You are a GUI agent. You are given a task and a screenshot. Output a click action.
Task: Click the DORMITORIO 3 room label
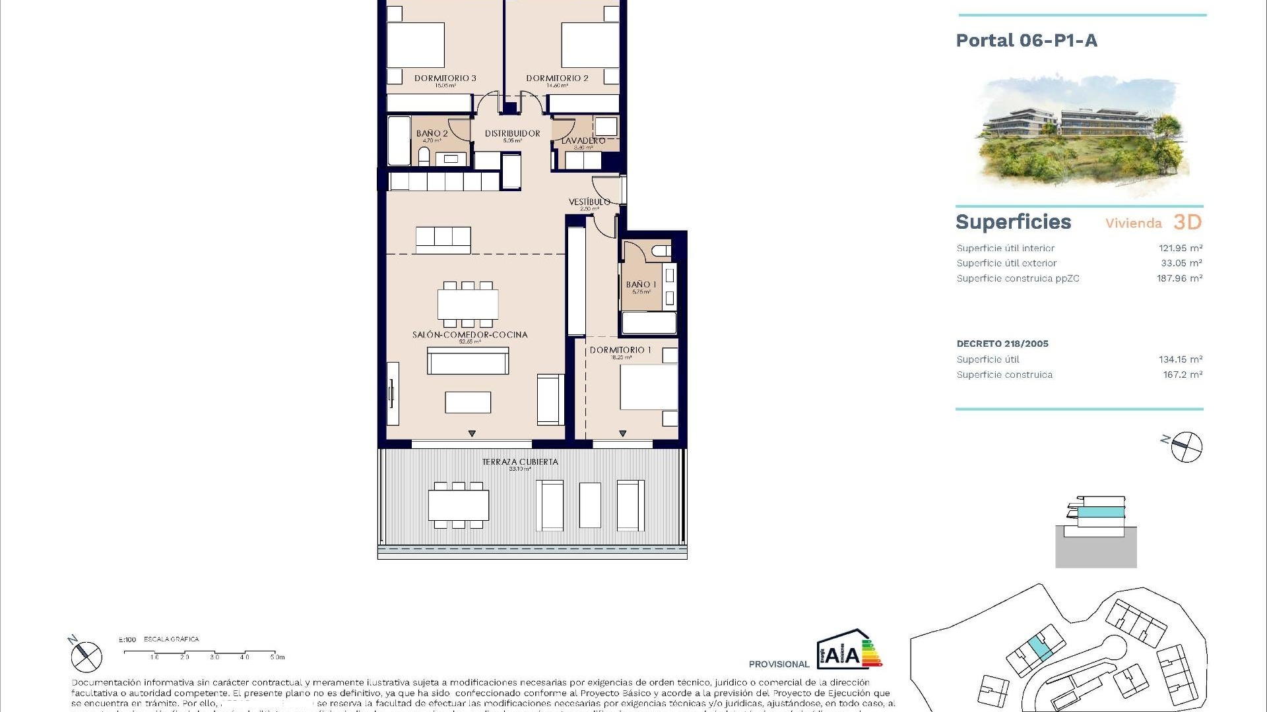445,78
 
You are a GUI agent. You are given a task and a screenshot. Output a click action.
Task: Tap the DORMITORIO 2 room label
557,78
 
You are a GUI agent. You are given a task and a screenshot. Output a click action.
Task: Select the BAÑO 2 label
432,133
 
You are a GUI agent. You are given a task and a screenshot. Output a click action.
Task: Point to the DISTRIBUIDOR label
512,133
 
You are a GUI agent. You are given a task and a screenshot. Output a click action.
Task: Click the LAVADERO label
583,140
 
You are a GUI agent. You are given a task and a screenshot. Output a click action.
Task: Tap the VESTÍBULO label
589,202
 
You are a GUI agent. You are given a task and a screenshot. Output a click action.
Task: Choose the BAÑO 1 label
641,285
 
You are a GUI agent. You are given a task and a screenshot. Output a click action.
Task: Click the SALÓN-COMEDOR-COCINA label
470,335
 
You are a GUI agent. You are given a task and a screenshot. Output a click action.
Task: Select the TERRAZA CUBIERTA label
520,462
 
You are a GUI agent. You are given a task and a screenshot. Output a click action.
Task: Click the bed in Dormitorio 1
648,386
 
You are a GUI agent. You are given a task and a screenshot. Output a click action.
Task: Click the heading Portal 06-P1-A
1026,41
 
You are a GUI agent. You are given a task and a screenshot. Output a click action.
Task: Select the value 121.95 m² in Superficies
1181,249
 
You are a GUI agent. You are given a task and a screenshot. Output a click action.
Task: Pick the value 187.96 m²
1179,279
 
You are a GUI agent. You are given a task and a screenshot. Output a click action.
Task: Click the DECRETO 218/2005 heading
1002,343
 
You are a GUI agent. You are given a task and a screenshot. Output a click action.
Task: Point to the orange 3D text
1187,223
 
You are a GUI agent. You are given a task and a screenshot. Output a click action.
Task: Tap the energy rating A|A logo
849,650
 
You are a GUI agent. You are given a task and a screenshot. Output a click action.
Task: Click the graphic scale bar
204,653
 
